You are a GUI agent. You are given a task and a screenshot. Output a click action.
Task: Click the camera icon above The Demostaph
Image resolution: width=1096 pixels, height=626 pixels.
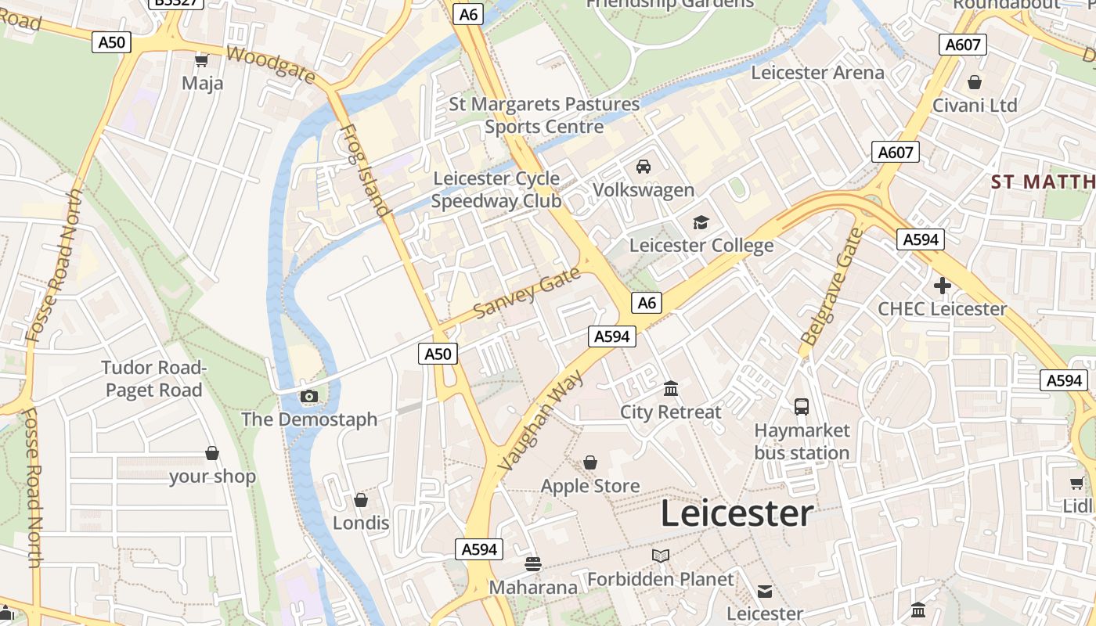(x=309, y=397)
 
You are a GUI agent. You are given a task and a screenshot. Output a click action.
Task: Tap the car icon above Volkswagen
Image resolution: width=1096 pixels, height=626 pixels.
(x=644, y=167)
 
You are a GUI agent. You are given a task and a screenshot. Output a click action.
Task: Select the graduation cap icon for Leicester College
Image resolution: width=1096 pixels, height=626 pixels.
(x=701, y=223)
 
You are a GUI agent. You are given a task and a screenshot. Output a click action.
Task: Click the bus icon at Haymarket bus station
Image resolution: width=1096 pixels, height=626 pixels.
(x=802, y=407)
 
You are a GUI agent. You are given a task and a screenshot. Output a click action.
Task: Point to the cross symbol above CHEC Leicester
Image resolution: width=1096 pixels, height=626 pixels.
(x=943, y=286)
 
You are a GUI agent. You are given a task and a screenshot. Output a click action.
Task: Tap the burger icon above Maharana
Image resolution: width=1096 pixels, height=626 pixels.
(x=533, y=564)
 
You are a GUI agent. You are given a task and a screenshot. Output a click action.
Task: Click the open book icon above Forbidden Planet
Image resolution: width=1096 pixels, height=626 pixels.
(x=661, y=556)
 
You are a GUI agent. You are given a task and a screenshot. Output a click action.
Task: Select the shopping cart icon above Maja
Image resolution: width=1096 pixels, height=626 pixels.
(x=202, y=60)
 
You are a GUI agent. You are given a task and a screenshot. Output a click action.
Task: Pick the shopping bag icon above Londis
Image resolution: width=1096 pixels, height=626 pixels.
(x=361, y=500)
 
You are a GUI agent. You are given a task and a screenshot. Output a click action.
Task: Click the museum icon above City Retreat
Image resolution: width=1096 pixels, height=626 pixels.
(x=671, y=389)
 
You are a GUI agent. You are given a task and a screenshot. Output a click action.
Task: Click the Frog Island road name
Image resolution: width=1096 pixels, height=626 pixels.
(x=364, y=170)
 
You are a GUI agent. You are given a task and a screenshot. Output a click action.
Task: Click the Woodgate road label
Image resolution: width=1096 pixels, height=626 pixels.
(x=271, y=64)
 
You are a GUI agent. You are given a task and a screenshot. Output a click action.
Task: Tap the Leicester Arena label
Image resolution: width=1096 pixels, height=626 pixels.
(x=817, y=73)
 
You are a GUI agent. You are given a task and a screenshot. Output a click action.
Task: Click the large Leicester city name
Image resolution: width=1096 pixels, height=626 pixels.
(x=737, y=514)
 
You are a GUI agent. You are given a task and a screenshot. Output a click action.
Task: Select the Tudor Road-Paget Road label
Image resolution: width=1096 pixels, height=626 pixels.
(x=153, y=379)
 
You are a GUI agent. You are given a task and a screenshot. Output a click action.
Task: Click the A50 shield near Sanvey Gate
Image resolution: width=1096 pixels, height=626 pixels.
(x=438, y=354)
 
